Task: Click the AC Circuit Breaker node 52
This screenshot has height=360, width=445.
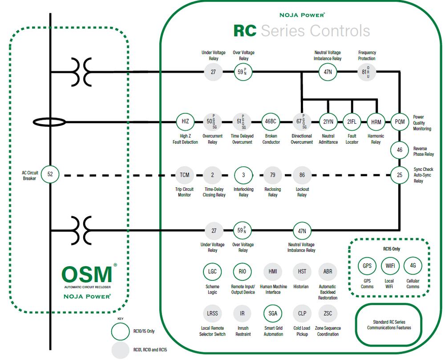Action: point(50,174)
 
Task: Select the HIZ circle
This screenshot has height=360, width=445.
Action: point(185,121)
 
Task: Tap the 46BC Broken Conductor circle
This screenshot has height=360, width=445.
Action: point(271,121)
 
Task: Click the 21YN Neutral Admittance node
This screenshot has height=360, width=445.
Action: point(328,121)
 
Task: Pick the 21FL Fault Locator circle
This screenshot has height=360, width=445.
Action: point(352,121)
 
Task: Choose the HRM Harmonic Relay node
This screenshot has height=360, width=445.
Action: point(376,121)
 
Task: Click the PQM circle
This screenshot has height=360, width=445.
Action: point(400,121)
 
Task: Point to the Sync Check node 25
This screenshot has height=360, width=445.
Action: point(400,175)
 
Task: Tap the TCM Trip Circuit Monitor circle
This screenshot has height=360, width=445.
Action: point(185,175)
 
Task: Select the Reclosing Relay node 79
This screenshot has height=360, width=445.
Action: point(273,175)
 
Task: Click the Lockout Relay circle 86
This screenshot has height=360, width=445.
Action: point(302,175)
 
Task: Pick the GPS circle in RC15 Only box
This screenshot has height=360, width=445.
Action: point(367,266)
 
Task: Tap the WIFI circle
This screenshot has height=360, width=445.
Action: point(390,266)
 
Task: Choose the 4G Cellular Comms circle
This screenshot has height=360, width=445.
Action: point(413,266)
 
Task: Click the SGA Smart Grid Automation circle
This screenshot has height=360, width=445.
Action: point(273,313)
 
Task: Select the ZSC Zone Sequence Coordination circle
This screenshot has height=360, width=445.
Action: point(328,313)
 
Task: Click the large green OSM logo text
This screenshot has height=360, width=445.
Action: point(87,275)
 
